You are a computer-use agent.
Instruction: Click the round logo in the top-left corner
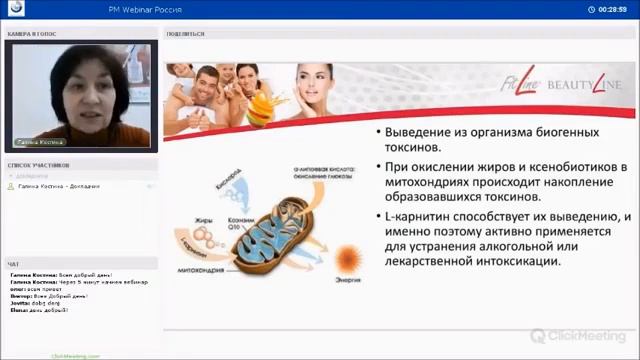pos(16,9)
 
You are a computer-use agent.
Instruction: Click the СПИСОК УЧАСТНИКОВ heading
pos(39,164)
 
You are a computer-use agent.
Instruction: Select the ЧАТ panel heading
pos(13,264)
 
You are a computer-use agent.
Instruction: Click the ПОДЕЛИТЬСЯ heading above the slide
pos(186,33)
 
